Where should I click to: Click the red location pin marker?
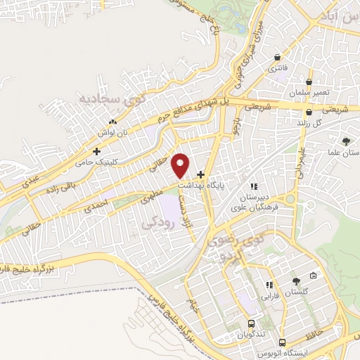click(181, 165)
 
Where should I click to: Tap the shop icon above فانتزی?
click(278, 58)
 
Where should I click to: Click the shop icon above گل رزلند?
click(309, 112)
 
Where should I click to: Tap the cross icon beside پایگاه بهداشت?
click(201, 174)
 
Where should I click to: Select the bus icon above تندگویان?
click(251, 323)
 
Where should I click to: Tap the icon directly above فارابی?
click(269, 285)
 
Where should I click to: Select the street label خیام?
click(192, 306)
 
